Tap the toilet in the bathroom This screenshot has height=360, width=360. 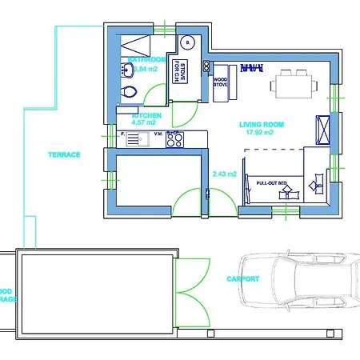(126, 93)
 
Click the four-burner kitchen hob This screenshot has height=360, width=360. (176, 140)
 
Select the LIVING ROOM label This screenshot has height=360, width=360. (262, 124)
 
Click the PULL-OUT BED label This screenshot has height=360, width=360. (270, 183)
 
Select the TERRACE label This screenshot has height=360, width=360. (64, 154)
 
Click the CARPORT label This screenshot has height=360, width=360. (242, 278)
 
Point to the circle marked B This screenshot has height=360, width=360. (187, 43)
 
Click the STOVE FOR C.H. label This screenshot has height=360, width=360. (182, 71)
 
